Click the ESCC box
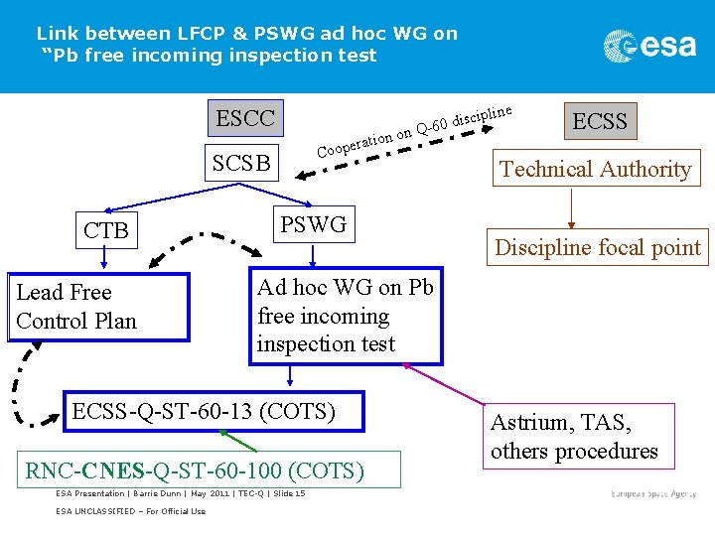coord(245,119)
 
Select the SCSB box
coord(241,163)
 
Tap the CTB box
coord(105,231)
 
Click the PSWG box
coord(313,225)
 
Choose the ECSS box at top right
coord(600,121)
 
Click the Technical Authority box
coord(595,169)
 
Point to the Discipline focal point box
coord(598,247)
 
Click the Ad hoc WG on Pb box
coord(346,317)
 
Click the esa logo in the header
coord(649,46)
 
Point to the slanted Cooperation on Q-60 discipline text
coord(415,131)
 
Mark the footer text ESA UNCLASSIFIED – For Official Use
coord(130,511)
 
